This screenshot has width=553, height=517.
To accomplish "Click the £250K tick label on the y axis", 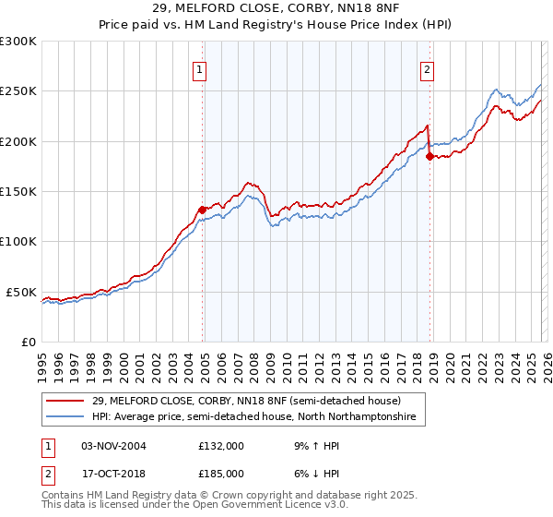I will point(18,91).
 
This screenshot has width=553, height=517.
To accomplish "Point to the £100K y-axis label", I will point(18,241).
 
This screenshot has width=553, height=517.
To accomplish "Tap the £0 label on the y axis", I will point(29,342).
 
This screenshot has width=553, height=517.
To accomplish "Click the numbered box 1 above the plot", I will point(199,67).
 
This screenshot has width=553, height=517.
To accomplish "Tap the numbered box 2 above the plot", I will point(428,67).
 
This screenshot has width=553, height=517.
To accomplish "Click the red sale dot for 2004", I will point(202,210).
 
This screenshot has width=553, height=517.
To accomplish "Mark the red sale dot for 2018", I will point(429,157).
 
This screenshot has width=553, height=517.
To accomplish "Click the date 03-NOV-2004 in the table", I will point(114,446).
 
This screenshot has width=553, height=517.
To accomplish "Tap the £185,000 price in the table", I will point(221,473).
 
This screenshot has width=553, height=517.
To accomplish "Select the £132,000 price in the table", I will point(221,446).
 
